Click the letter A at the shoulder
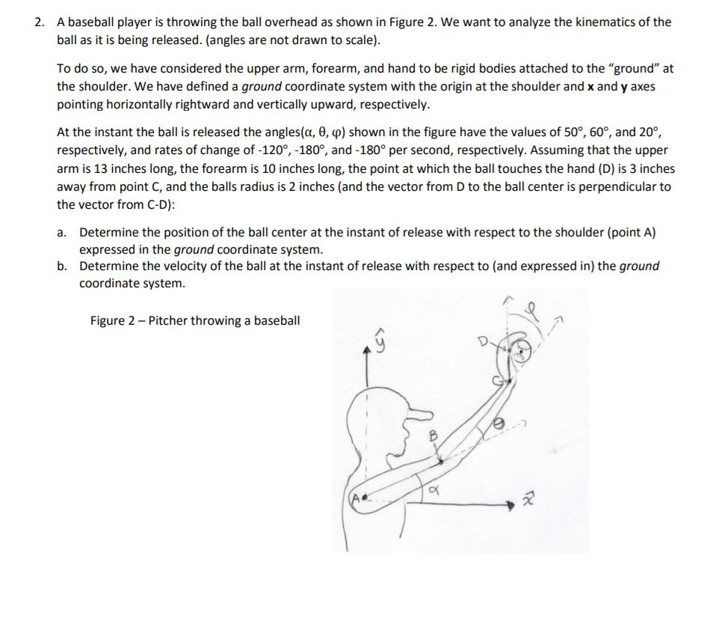(x=355, y=497)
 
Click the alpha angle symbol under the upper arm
(x=433, y=489)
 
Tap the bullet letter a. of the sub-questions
(x=63, y=233)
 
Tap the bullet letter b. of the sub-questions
(x=63, y=266)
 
